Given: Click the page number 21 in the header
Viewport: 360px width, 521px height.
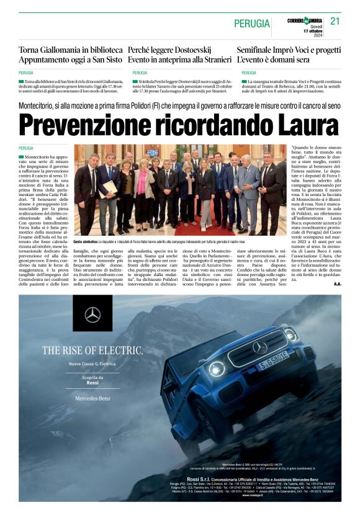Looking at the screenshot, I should (335, 21).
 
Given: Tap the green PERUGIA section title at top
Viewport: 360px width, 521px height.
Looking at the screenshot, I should (252, 24).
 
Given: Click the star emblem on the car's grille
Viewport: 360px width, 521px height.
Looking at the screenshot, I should (259, 348).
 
